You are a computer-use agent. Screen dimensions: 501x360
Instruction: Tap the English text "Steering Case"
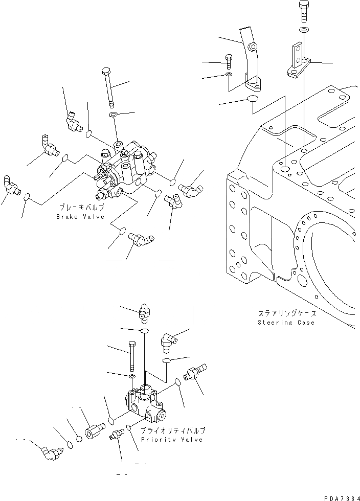[286, 323]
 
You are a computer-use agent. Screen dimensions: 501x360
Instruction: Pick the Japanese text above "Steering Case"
[286, 314]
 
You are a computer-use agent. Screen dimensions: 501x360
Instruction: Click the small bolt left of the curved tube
[228, 62]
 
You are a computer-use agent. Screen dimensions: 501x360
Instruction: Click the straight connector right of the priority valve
[196, 374]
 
